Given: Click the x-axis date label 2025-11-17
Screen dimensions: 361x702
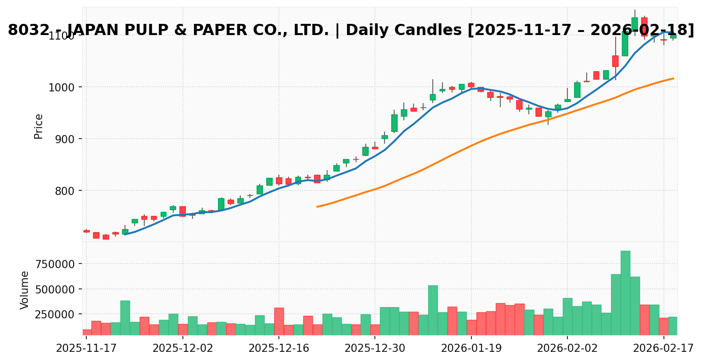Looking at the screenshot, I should (86, 349).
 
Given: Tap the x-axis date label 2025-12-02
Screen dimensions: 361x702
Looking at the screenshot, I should (183, 349).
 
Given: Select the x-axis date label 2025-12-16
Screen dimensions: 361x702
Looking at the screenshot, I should (279, 349).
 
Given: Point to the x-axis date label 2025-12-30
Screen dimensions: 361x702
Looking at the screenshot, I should (375, 349).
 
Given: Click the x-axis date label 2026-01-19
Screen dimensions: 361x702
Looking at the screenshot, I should (471, 349).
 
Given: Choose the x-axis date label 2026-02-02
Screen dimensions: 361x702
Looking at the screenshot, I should (567, 349).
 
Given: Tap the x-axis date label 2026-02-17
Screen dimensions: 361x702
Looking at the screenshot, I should (663, 349).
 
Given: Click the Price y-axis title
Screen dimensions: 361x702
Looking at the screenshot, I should (39, 126).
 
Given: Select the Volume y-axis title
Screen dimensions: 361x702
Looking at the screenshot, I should (25, 290).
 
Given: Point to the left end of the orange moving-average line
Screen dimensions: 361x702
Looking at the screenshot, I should (317, 207).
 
